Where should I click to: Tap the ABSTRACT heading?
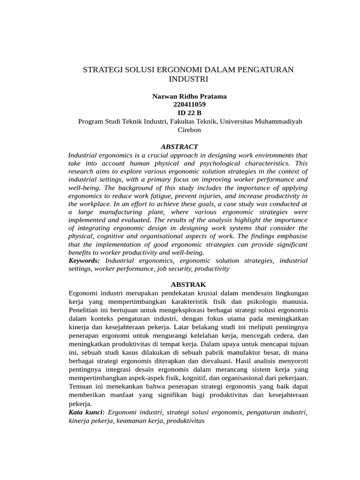(x=180, y=147)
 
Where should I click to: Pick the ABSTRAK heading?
(x=188, y=285)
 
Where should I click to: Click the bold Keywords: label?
(x=84, y=260)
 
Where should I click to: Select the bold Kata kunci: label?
(x=87, y=412)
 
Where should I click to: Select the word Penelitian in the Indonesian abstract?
(x=85, y=310)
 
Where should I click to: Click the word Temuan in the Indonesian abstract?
(x=81, y=387)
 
